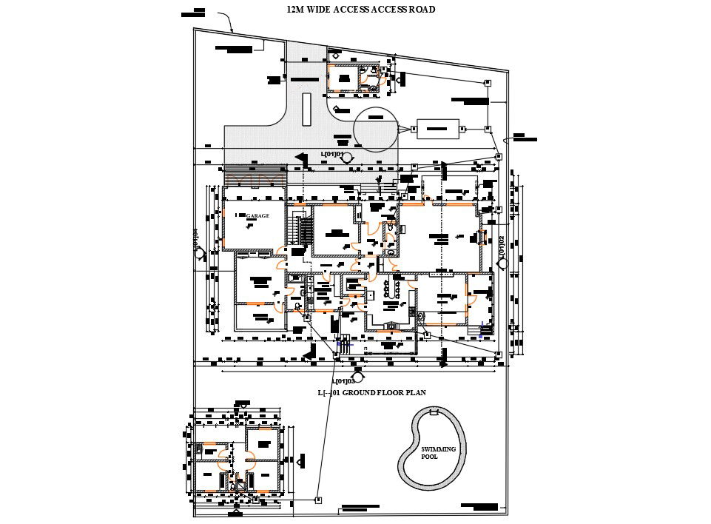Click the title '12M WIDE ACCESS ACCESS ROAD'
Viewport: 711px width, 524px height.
coord(360,10)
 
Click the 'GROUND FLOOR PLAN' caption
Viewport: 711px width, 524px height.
coord(371,392)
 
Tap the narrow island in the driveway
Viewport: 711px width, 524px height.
coord(306,110)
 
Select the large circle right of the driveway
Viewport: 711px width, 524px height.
coord(376,130)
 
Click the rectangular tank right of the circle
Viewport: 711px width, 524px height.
coord(438,129)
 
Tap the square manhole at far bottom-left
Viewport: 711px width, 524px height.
coord(318,500)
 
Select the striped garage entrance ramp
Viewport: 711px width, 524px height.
coord(255,178)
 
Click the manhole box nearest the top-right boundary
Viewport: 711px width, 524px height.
coord(488,83)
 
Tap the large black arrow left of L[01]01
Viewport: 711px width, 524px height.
coord(300,158)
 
